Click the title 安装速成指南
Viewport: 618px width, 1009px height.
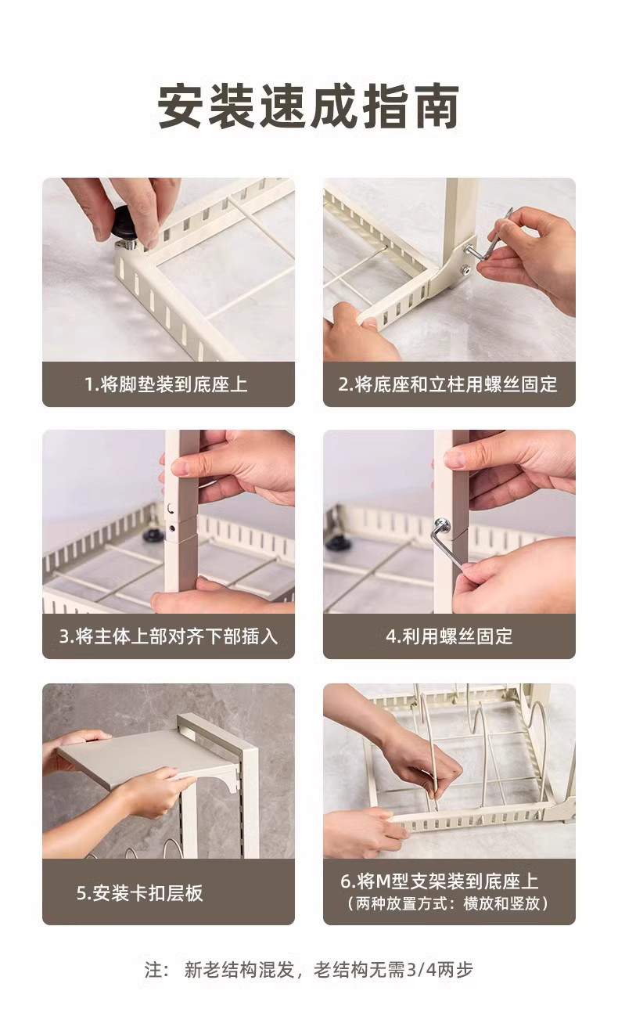coord(308,106)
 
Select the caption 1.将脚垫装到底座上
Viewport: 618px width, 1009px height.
coord(166,384)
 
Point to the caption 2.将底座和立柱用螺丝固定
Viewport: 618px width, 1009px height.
coord(448,384)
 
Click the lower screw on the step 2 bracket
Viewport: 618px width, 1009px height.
coord(465,270)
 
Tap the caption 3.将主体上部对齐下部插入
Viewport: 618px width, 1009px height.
coord(169,636)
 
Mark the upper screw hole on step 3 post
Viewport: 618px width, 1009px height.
coord(171,509)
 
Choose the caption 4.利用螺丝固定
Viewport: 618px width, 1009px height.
coord(449,636)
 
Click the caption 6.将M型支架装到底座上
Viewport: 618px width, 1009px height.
coord(440,882)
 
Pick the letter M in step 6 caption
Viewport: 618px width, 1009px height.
coord(384,882)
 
